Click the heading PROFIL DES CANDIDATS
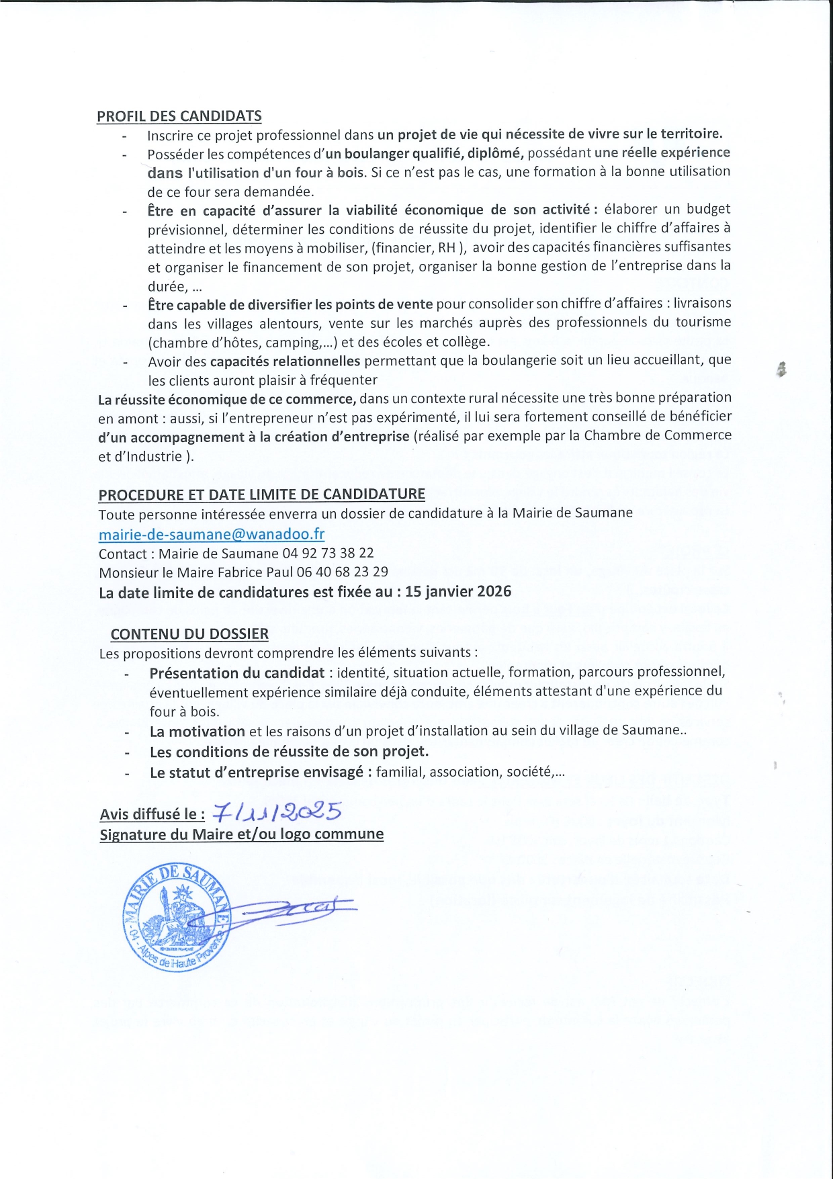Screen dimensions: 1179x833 pyautogui.click(x=179, y=116)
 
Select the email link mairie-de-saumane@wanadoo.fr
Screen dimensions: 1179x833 pyautogui.click(x=212, y=534)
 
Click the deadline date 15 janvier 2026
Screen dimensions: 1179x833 pyautogui.click(x=458, y=592)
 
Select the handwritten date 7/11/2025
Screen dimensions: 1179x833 pyautogui.click(x=277, y=812)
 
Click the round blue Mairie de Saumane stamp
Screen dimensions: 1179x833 pyautogui.click(x=177, y=916)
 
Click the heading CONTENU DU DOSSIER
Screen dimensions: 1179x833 pyautogui.click(x=189, y=634)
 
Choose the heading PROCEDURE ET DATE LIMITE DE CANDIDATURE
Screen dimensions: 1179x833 pyautogui.click(x=262, y=494)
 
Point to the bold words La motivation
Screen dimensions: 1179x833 pyautogui.click(x=197, y=731)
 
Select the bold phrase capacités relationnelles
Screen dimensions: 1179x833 pyautogui.click(x=286, y=361)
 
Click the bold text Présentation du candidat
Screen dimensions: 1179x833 pyautogui.click(x=237, y=672)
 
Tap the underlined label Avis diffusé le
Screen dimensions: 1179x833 pyautogui.click(x=152, y=814)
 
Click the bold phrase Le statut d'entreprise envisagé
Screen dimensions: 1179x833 pyautogui.click(x=261, y=772)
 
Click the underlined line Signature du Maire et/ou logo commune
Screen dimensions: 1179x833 pyautogui.click(x=242, y=834)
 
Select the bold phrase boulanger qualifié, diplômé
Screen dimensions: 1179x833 pyautogui.click(x=434, y=153)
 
